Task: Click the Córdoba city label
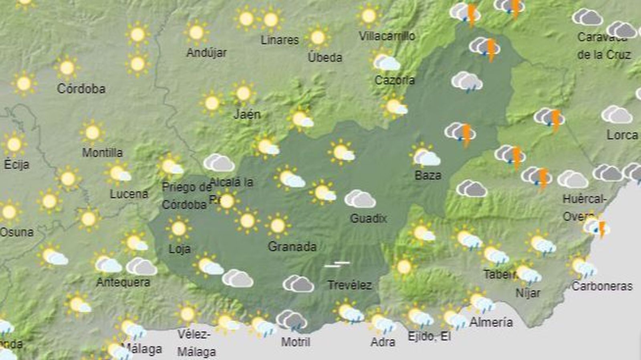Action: tap(81, 89)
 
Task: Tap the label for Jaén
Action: tap(247, 114)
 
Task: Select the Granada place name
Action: tap(292, 246)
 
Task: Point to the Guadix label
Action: tap(368, 218)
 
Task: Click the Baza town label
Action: tap(428, 175)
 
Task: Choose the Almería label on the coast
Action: tap(491, 322)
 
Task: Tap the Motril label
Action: tap(296, 342)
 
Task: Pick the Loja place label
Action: tap(179, 249)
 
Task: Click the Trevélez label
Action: tap(349, 285)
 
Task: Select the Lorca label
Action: tap(622, 135)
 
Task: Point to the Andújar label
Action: tap(206, 53)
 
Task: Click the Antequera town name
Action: tap(123, 282)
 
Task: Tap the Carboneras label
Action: tap(602, 286)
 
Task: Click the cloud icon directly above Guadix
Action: tap(360, 199)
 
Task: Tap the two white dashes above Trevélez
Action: tap(337, 264)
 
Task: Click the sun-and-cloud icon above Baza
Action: tap(425, 156)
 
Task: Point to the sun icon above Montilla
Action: tap(92, 132)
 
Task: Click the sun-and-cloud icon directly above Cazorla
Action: tap(386, 62)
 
